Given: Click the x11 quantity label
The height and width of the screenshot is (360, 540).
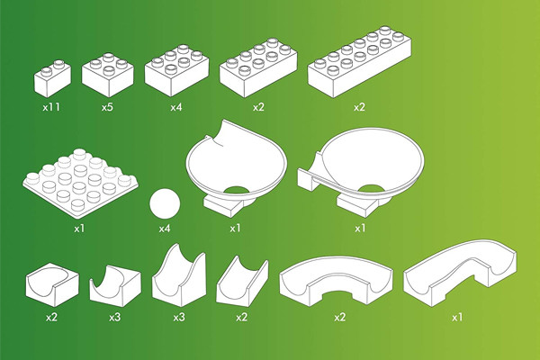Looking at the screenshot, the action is coord(51,107).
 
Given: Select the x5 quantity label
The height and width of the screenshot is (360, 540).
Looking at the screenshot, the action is coord(107,107).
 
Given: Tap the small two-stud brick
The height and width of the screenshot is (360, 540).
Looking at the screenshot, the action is coord(52,78).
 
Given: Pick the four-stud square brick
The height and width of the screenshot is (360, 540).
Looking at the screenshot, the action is coord(108,74).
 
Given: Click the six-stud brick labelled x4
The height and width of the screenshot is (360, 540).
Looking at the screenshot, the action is coord(176,70).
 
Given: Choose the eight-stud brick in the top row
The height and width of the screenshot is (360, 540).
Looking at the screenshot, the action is coord(258,67).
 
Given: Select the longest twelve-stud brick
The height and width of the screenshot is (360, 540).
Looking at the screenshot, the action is coord(359,62).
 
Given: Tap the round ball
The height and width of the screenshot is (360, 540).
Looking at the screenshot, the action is coord(165,203).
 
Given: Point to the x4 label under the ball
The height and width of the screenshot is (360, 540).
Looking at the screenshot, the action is coord(165,228).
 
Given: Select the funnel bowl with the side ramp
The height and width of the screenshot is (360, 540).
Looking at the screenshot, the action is coord(361,172).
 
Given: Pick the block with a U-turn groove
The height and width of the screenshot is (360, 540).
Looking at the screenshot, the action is coord(52,284).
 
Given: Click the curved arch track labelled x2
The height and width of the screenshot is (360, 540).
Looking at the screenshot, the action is coord(336,281).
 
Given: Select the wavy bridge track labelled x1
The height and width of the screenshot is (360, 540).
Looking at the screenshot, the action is coord(460,272).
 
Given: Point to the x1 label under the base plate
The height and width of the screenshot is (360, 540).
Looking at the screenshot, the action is coord(79,228).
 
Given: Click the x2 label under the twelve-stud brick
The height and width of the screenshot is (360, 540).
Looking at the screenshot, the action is coord(359,107).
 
